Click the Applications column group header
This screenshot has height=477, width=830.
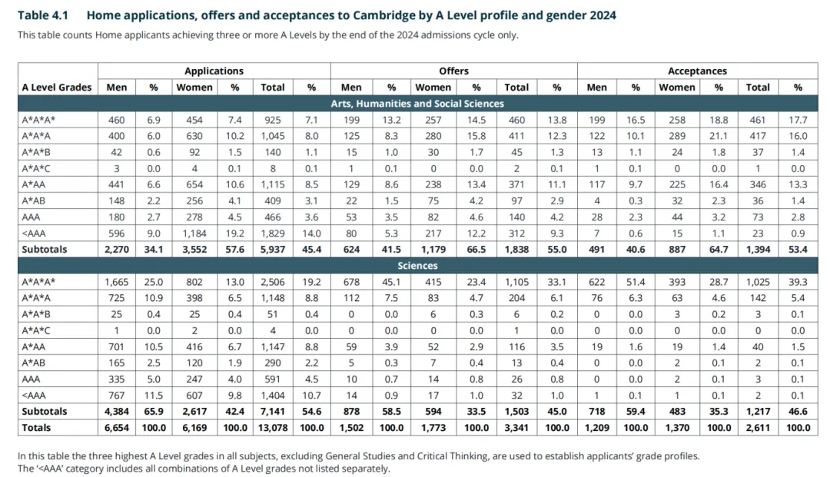[x=214, y=71]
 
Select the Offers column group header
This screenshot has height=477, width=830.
[x=453, y=71]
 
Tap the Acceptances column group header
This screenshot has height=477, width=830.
[x=697, y=71]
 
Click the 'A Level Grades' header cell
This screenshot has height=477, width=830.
[x=57, y=88]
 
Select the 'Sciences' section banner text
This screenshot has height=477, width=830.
[x=417, y=266]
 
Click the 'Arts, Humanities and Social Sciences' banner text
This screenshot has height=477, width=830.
[x=417, y=104]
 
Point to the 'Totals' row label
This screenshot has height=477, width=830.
[x=38, y=428]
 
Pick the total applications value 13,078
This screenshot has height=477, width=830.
[x=273, y=428]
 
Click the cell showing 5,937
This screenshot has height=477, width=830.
[x=273, y=250]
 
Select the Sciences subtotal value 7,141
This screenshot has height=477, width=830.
[x=273, y=412]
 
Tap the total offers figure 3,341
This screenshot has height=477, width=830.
[x=516, y=428]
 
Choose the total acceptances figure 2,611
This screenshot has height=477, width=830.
[x=758, y=428]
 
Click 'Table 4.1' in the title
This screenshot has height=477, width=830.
[x=43, y=15]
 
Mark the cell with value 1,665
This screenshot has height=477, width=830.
[x=117, y=282]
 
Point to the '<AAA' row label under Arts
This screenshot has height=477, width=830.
[x=35, y=234]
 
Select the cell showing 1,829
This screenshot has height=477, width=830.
[x=273, y=234]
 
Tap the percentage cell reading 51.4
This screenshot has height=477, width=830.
[x=636, y=282]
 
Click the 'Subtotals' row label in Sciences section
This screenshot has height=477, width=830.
[x=45, y=412]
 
